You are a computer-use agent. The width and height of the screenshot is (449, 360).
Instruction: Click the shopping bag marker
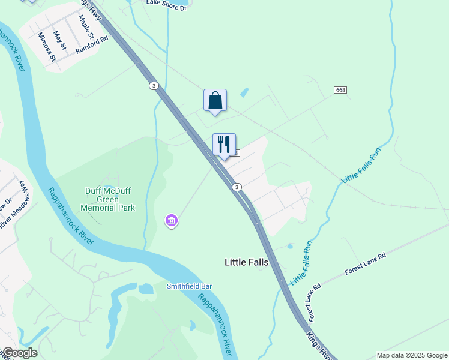[x=215, y=101]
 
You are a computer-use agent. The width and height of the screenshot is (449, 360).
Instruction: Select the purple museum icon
[x=172, y=221]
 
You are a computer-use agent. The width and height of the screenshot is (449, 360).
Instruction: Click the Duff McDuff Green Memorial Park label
[x=109, y=200]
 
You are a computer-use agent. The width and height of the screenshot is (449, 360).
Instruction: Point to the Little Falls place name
[x=246, y=262]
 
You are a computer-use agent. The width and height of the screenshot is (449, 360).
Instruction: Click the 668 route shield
[x=341, y=90]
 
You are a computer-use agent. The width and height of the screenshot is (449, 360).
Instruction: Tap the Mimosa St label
[x=47, y=47]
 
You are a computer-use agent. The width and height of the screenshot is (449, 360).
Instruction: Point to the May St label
[x=59, y=41]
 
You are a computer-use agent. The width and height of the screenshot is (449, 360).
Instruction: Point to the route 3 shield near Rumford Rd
[x=154, y=86]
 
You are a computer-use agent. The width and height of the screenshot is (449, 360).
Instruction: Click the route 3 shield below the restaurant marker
[x=238, y=188]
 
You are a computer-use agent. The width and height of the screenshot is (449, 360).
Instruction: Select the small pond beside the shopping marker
[x=244, y=93]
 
